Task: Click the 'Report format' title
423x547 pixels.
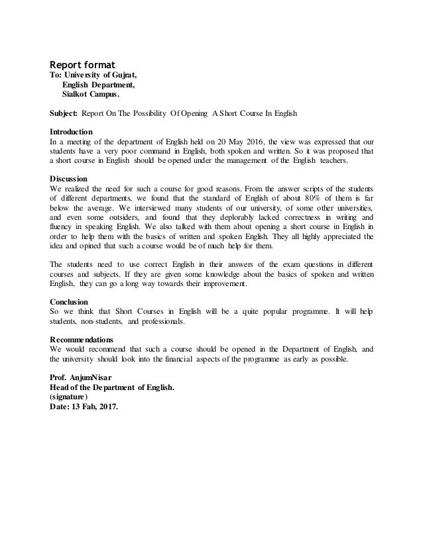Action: coord(83,65)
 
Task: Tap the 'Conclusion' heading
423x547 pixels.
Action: coord(70,301)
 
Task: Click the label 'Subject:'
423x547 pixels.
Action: coord(64,113)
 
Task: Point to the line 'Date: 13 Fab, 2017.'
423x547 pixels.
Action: coord(85,407)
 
